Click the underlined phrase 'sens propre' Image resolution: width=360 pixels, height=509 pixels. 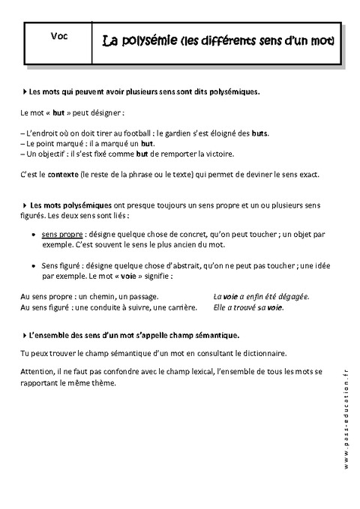click(x=60, y=235)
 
